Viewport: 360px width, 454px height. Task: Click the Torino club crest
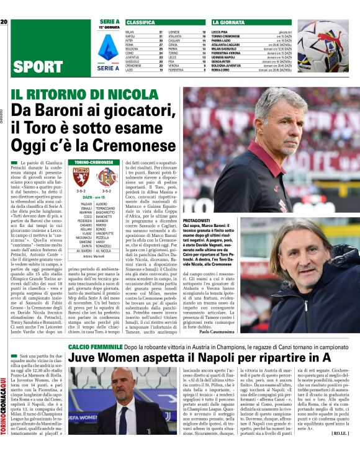(x=82, y=177)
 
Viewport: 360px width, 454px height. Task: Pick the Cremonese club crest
(x=106, y=177)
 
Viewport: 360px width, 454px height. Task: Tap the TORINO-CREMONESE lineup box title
(x=94, y=162)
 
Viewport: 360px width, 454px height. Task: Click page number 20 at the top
(x=4, y=22)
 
